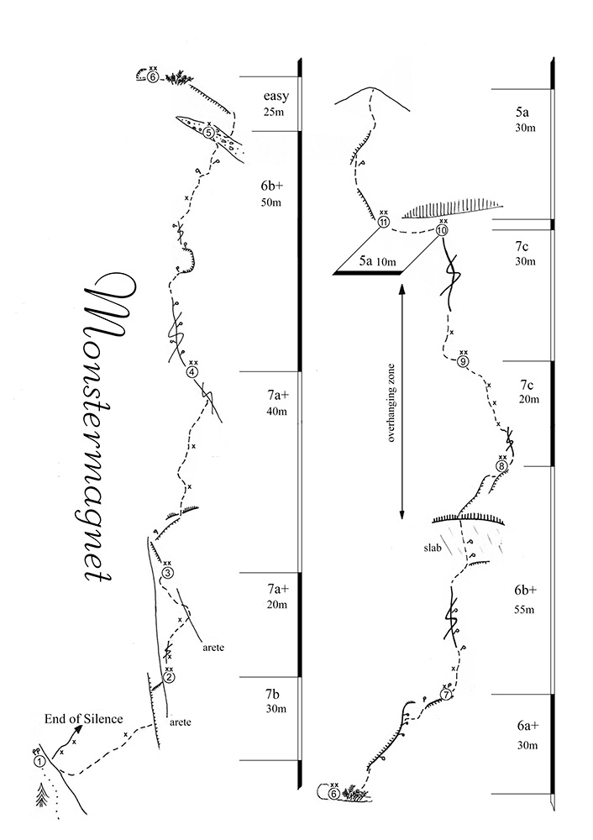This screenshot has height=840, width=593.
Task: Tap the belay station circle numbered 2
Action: click(169, 677)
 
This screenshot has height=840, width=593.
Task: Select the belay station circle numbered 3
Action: click(167, 573)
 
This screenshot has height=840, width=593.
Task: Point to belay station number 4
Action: click(192, 372)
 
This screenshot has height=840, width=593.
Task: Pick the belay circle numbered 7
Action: click(448, 695)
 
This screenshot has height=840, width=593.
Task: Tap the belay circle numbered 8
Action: click(501, 465)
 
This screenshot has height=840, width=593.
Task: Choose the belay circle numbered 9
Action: click(464, 361)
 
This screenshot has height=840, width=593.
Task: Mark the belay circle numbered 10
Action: click(442, 230)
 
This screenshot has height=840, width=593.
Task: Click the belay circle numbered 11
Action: click(384, 222)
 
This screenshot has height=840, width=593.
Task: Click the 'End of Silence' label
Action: click(83, 719)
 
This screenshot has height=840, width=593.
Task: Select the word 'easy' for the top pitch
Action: click(276, 97)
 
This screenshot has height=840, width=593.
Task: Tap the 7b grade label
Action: click(272, 695)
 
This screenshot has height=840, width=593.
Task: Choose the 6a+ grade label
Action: click(527, 726)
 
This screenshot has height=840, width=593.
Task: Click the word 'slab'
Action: click(433, 548)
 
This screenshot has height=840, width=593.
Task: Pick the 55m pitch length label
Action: click(524, 610)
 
